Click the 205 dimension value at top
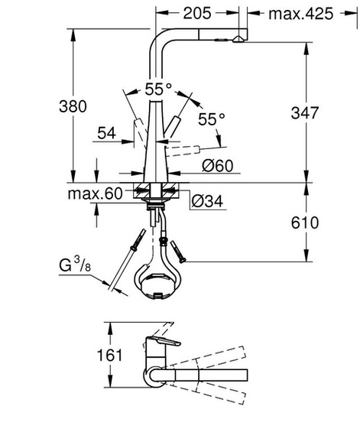(201, 13)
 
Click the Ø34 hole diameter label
(208, 201)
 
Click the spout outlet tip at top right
(240, 36)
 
